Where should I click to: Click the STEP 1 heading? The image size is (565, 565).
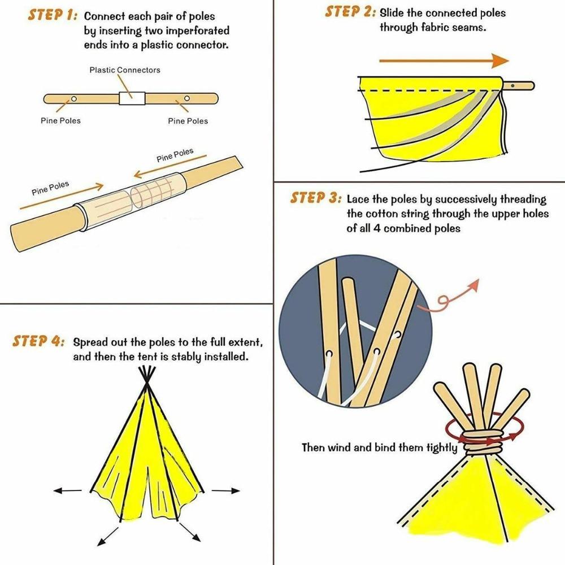point(51,15)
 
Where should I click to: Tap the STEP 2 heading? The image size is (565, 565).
point(350,12)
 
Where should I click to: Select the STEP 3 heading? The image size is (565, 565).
point(316,198)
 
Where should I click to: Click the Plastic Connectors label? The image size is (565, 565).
point(125,70)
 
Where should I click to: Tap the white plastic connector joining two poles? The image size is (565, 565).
point(132,98)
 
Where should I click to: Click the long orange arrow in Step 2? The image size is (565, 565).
point(444,60)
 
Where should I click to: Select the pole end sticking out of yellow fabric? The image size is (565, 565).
point(518,86)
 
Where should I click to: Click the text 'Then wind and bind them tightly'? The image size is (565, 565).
point(379,447)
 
